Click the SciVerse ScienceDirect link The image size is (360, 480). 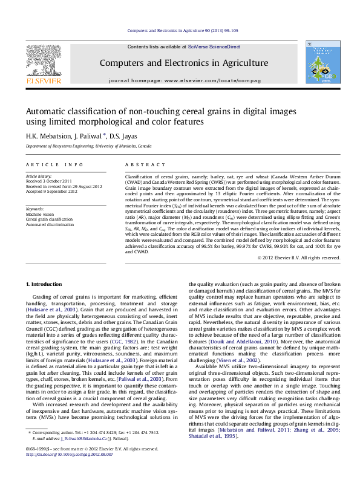pyautogui.click(x=214, y=47)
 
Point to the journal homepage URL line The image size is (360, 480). pyautogui.click(x=185, y=80)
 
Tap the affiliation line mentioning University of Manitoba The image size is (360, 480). pyautogui.click(x=88, y=146)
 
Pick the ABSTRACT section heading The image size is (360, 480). pyautogui.click(x=140, y=164)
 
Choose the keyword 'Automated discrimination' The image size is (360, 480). pyautogui.click(x=50, y=224)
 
